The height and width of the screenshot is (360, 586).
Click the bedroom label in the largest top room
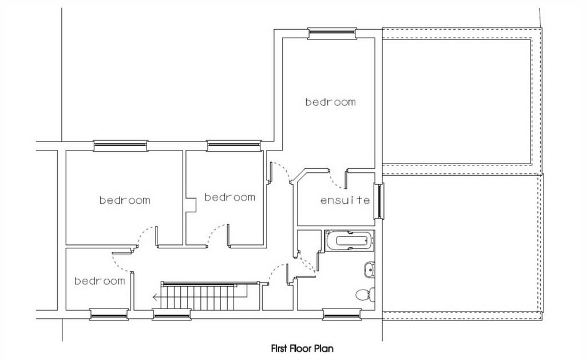point(330,102)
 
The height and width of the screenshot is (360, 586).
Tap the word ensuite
point(345,200)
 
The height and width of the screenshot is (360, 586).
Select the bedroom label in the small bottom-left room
point(100,281)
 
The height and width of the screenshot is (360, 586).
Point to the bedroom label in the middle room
point(230,197)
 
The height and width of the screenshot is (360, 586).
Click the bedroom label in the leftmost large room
point(125,200)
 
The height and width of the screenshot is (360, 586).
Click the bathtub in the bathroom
point(350,241)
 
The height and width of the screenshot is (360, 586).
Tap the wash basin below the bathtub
point(369,270)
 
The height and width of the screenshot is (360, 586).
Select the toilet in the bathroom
point(365,294)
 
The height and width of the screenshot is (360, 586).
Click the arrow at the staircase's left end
point(157,298)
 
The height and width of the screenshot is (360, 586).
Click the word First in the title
point(279,349)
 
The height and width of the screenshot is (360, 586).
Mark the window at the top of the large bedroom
point(332,33)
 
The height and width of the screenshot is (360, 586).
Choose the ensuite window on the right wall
point(379,201)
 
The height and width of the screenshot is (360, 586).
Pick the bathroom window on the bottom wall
point(342,315)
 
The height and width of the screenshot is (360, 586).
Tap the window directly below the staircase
point(172,315)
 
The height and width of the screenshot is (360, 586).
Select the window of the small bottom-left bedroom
point(109,315)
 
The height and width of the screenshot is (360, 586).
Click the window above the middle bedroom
point(233,146)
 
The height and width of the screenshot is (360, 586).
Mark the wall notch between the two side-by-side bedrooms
point(191,205)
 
